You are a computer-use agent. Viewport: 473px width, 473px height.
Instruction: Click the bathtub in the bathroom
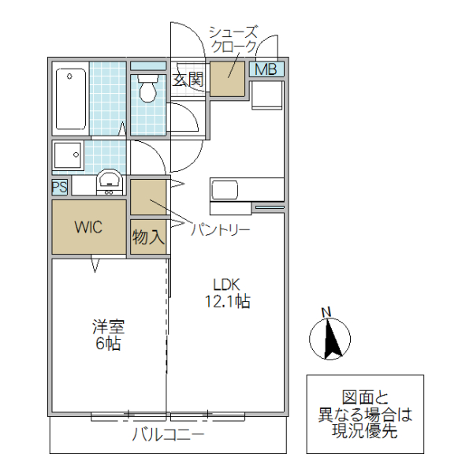(x=70, y=100)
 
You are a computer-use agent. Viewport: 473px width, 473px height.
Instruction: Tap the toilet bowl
(x=146, y=89)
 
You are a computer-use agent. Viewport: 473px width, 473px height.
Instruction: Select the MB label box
(x=266, y=69)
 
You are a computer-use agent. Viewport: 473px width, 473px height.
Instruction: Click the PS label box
(x=59, y=187)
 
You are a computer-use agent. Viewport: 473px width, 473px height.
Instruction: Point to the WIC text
(x=88, y=227)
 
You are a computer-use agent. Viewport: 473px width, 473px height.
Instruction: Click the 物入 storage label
(x=147, y=237)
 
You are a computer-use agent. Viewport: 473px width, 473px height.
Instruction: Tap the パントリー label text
(x=221, y=230)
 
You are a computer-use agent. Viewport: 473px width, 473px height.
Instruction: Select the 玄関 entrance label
(x=188, y=79)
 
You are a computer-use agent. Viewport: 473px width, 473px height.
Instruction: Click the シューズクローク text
(x=233, y=39)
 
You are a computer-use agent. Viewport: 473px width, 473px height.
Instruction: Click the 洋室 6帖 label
(x=107, y=334)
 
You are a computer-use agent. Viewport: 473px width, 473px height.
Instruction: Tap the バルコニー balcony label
(x=168, y=434)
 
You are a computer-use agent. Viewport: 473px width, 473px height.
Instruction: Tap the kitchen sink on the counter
(x=225, y=190)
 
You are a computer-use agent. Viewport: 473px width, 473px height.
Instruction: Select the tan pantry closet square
(x=148, y=197)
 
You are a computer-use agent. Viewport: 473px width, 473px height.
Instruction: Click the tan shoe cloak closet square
(x=227, y=77)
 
